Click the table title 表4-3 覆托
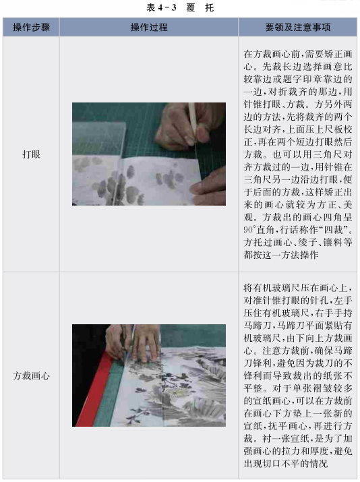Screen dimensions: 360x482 tap(180, 7)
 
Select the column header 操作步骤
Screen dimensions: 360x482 tap(31, 28)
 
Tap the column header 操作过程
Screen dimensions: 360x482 tap(149, 28)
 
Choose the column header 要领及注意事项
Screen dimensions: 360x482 tap(297, 28)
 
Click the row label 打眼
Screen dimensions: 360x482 tap(31, 154)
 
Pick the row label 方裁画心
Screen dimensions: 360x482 tap(31, 375)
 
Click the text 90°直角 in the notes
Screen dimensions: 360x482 tap(260, 230)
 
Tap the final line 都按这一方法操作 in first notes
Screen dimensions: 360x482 tap(280, 255)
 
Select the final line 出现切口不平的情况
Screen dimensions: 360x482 tap(285, 463)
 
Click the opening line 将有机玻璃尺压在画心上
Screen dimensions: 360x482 tap(297, 288)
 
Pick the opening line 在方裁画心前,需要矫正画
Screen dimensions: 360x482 tap(297, 54)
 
